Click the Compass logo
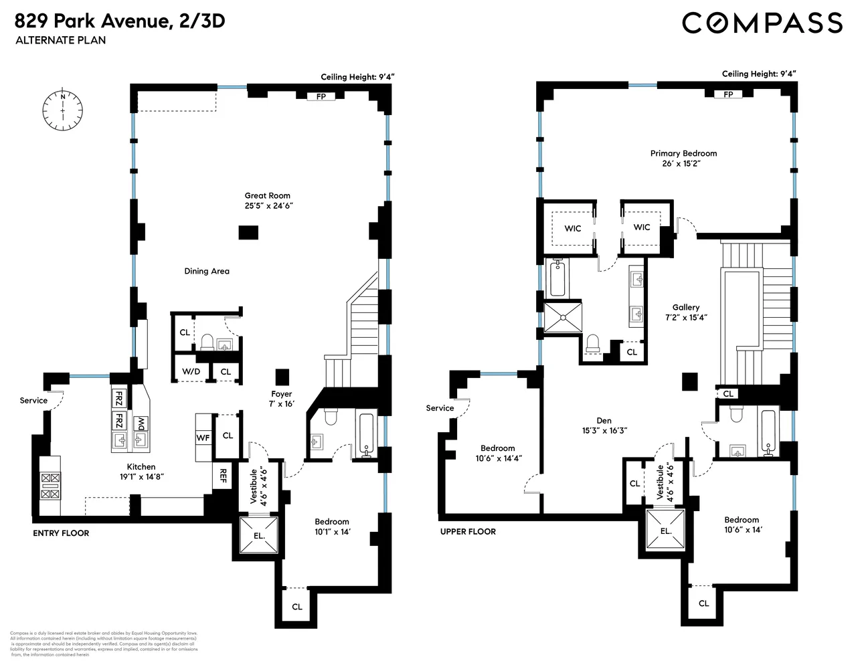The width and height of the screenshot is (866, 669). click(x=762, y=23)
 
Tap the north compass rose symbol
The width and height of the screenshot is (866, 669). click(x=63, y=109)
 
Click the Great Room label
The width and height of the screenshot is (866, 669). click(x=268, y=196)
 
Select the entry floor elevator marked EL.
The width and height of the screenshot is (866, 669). click(x=259, y=535)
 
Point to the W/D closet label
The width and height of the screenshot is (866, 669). click(x=191, y=371)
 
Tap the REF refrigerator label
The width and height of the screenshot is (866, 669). click(x=223, y=476)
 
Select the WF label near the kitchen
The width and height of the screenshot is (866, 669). click(x=203, y=438)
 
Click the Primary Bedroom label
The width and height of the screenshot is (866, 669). click(x=683, y=153)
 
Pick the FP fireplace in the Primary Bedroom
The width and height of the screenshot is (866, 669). click(x=728, y=94)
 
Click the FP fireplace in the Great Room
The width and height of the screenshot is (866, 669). click(x=321, y=96)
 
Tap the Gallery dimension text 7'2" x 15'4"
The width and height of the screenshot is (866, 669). click(x=686, y=317)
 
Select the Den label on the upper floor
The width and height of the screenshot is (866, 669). click(x=604, y=421)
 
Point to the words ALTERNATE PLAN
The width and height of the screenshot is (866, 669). click(x=61, y=40)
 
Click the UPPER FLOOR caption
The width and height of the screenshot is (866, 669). click(x=468, y=532)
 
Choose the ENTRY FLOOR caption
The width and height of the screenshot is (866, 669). click(x=61, y=533)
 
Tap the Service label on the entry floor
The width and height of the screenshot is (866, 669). click(x=33, y=401)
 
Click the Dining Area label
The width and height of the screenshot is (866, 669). click(x=207, y=271)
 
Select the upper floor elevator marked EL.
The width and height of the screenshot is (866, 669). click(x=665, y=531)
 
